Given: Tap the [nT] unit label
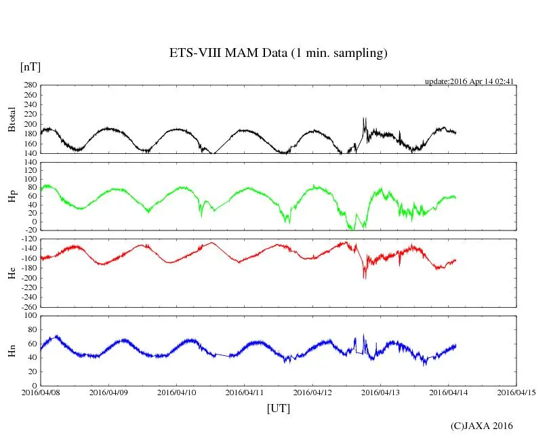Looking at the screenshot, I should click(30, 66).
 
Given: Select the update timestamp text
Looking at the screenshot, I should click(470, 81).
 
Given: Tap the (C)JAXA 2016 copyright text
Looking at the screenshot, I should click(482, 426).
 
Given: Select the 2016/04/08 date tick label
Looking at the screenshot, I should click(41, 392).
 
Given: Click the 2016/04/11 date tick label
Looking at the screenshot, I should click(245, 392).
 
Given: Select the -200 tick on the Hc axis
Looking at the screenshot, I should click(28, 278).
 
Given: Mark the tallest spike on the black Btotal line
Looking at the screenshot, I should click(364, 118).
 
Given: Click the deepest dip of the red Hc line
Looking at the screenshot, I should click(364, 279).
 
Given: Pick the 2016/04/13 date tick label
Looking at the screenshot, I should click(380, 392).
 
